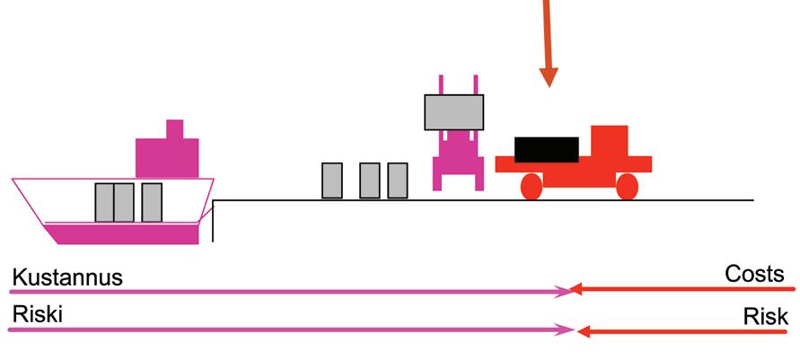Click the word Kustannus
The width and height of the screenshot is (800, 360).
click(66, 278)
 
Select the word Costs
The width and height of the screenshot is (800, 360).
click(754, 274)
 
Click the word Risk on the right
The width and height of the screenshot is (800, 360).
click(766, 316)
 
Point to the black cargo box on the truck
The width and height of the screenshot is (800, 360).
click(547, 149)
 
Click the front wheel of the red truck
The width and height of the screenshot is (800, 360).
click(627, 186)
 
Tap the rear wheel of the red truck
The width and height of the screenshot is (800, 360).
click(531, 186)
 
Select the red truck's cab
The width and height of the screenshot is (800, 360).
click(609, 144)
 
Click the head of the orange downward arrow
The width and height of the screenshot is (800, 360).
click(549, 76)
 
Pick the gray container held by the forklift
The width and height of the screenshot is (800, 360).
click(453, 112)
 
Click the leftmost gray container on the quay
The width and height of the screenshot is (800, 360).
click(331, 180)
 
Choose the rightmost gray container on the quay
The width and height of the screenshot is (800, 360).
click(397, 180)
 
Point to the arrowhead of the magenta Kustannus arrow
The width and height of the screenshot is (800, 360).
click(566, 291)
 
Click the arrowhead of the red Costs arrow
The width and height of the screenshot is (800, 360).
click(579, 289)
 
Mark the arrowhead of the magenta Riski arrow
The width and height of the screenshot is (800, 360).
click(567, 329)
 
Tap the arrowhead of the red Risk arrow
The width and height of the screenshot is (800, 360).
click(583, 331)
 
